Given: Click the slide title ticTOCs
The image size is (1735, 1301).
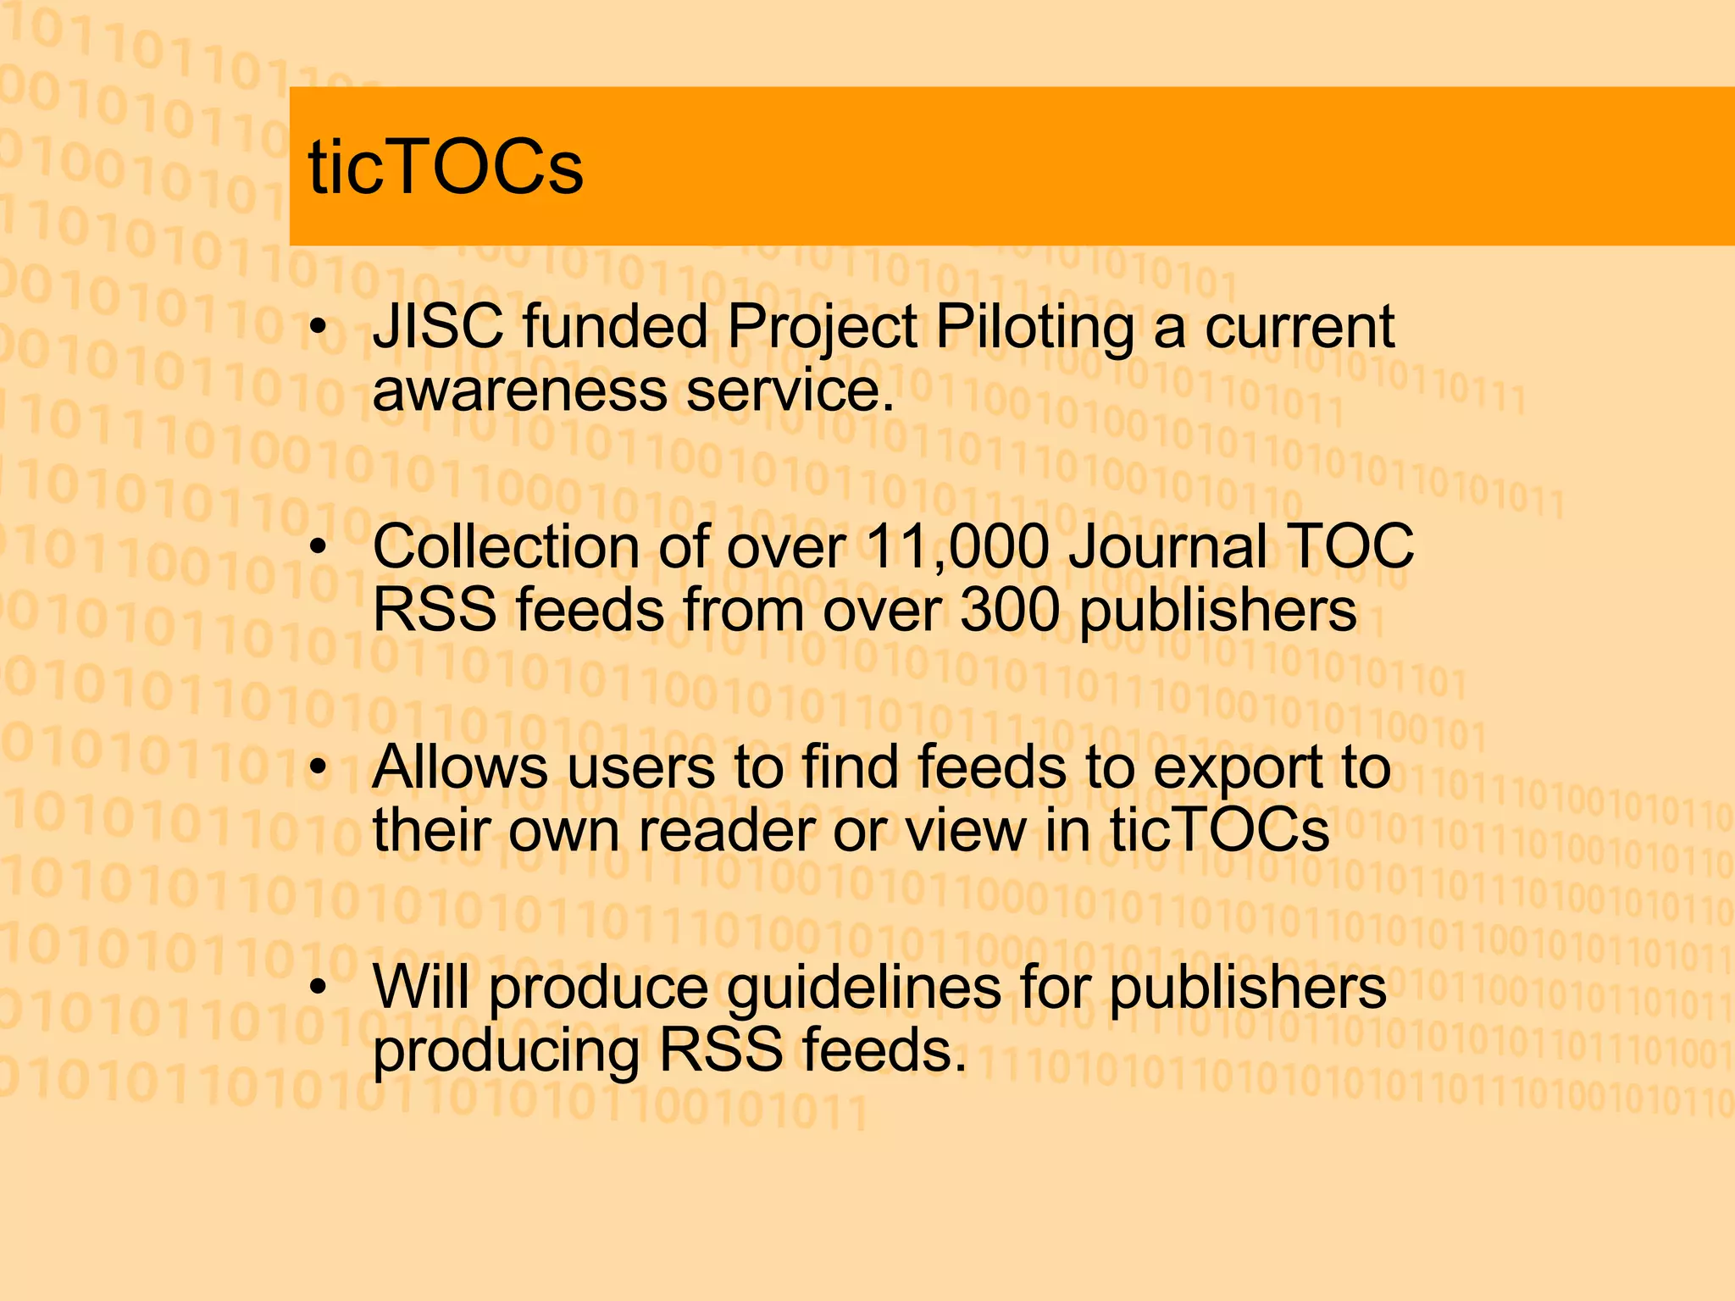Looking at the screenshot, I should [446, 167].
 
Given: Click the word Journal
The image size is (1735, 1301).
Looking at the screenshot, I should [1167, 547].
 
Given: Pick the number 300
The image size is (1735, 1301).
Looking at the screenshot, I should [1009, 610].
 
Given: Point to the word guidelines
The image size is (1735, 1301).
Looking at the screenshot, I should [864, 989].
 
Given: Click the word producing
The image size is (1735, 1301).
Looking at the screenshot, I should [506, 1052].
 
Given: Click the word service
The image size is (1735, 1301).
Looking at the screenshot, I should [790, 390].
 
